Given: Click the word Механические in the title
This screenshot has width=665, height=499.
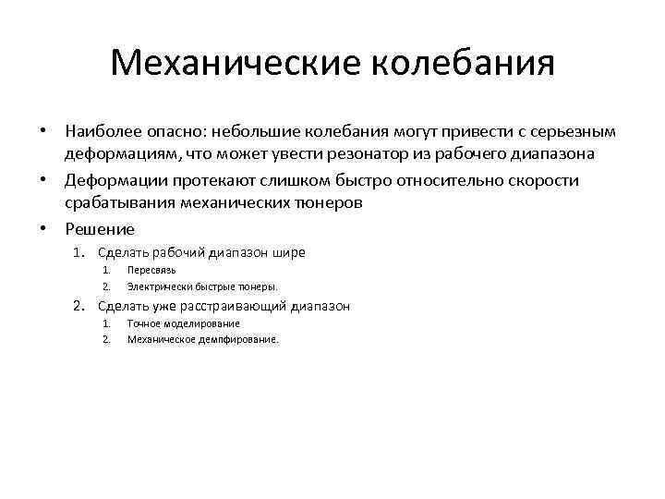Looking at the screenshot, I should [x=235, y=64].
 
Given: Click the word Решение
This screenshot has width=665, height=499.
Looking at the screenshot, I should [x=100, y=229].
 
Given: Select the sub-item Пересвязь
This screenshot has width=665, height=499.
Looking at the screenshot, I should [x=151, y=271].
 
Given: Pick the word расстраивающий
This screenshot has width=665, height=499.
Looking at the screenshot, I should [x=235, y=307].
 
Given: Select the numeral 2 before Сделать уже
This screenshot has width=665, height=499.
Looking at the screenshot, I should [x=79, y=307].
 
